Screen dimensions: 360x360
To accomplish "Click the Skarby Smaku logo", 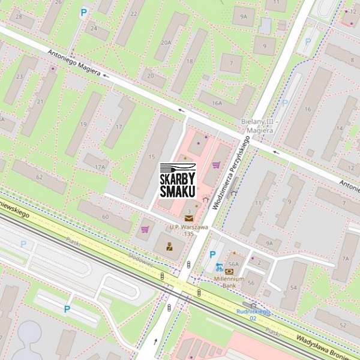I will click(178, 181).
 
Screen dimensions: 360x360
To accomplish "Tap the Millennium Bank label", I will click(229, 282).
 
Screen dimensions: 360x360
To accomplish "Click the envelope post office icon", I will click(189, 218).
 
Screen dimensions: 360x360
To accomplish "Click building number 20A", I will click(166, 43).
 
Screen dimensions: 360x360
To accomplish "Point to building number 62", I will click(39, 178).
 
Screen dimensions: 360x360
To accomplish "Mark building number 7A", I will click(346, 259).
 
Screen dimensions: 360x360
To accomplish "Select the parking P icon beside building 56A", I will click(212, 254).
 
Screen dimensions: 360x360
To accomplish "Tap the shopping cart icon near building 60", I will click(145, 229).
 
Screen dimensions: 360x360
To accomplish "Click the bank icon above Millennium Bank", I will click(229, 272).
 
